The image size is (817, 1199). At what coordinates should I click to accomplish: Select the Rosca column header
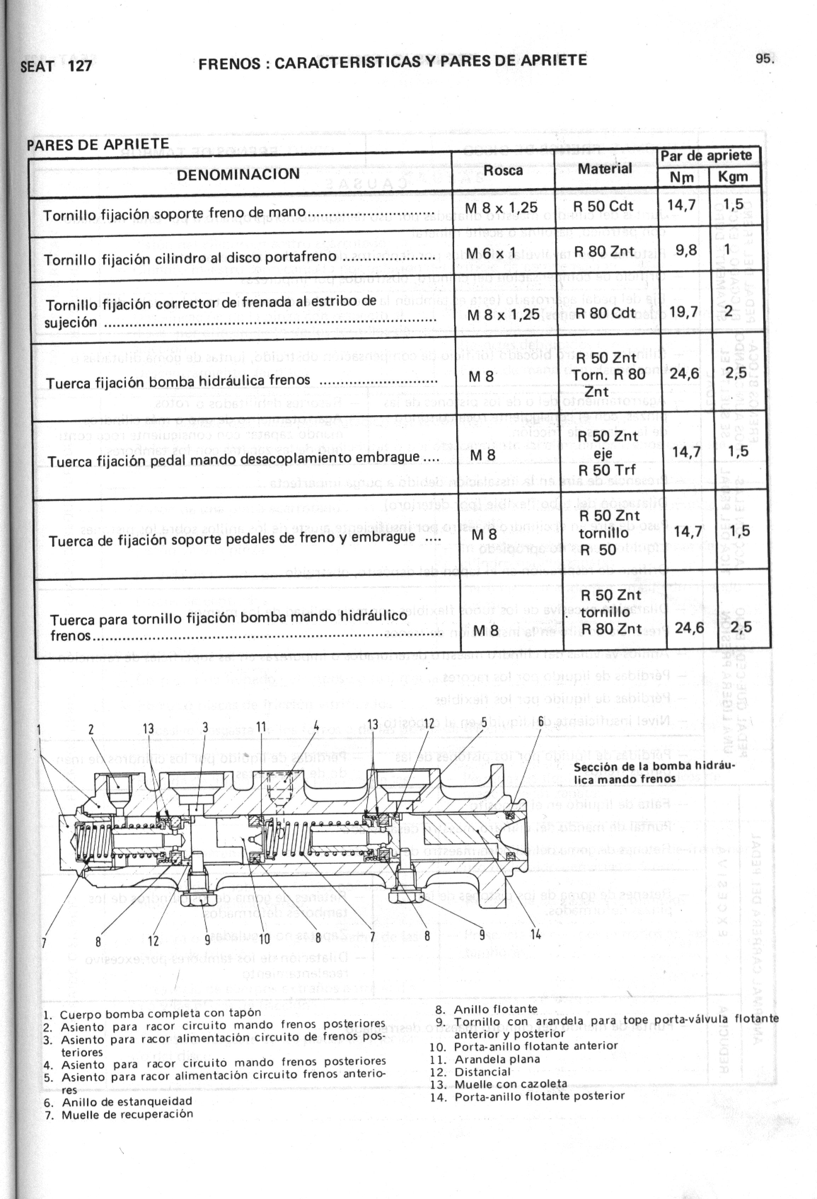(503, 171)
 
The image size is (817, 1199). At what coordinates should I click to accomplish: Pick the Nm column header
(682, 178)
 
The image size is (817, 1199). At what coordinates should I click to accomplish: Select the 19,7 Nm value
(683, 311)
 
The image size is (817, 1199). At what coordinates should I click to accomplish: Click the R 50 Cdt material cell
(603, 206)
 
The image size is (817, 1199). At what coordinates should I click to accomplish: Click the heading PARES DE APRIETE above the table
(98, 144)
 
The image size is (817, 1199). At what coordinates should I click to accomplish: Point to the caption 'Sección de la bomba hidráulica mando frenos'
(654, 772)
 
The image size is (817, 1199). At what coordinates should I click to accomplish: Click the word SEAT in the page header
(37, 66)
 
